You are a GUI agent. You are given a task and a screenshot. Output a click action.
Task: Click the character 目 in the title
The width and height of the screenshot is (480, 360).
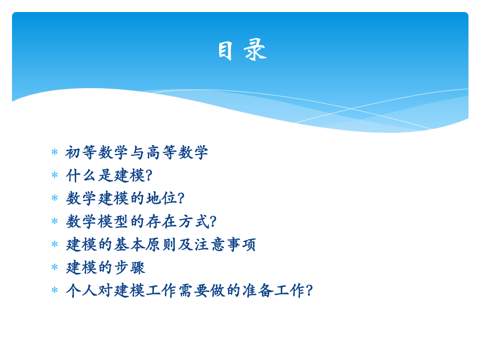tap(225, 51)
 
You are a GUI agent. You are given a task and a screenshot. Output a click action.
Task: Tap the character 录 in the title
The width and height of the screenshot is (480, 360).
tap(255, 51)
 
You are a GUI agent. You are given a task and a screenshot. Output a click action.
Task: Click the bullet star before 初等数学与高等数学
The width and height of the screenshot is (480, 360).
tap(54, 152)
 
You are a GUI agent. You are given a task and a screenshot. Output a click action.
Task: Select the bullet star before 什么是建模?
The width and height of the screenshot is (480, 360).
tap(54, 175)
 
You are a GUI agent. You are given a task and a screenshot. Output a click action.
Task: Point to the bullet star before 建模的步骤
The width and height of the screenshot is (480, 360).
tap(54, 267)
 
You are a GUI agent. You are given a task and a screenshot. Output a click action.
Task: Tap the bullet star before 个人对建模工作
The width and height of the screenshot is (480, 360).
tap(54, 290)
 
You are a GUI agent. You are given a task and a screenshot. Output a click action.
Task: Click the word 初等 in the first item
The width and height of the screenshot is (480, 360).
tap(81, 152)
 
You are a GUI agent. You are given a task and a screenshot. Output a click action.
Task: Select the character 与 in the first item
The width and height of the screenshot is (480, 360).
tap(137, 152)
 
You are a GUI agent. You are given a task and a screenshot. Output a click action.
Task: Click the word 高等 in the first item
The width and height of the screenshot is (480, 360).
tap(161, 152)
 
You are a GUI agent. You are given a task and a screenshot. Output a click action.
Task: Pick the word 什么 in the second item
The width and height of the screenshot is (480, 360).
tap(81, 175)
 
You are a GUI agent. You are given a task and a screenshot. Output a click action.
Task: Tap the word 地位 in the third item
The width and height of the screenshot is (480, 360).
tap(161, 198)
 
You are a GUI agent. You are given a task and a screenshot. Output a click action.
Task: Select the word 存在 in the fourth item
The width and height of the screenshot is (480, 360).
tap(161, 221)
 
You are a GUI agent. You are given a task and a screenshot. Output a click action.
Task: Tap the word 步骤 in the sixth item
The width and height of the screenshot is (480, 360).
tap(129, 267)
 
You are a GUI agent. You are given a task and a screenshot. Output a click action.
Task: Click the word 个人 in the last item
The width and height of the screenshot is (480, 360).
tap(81, 290)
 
